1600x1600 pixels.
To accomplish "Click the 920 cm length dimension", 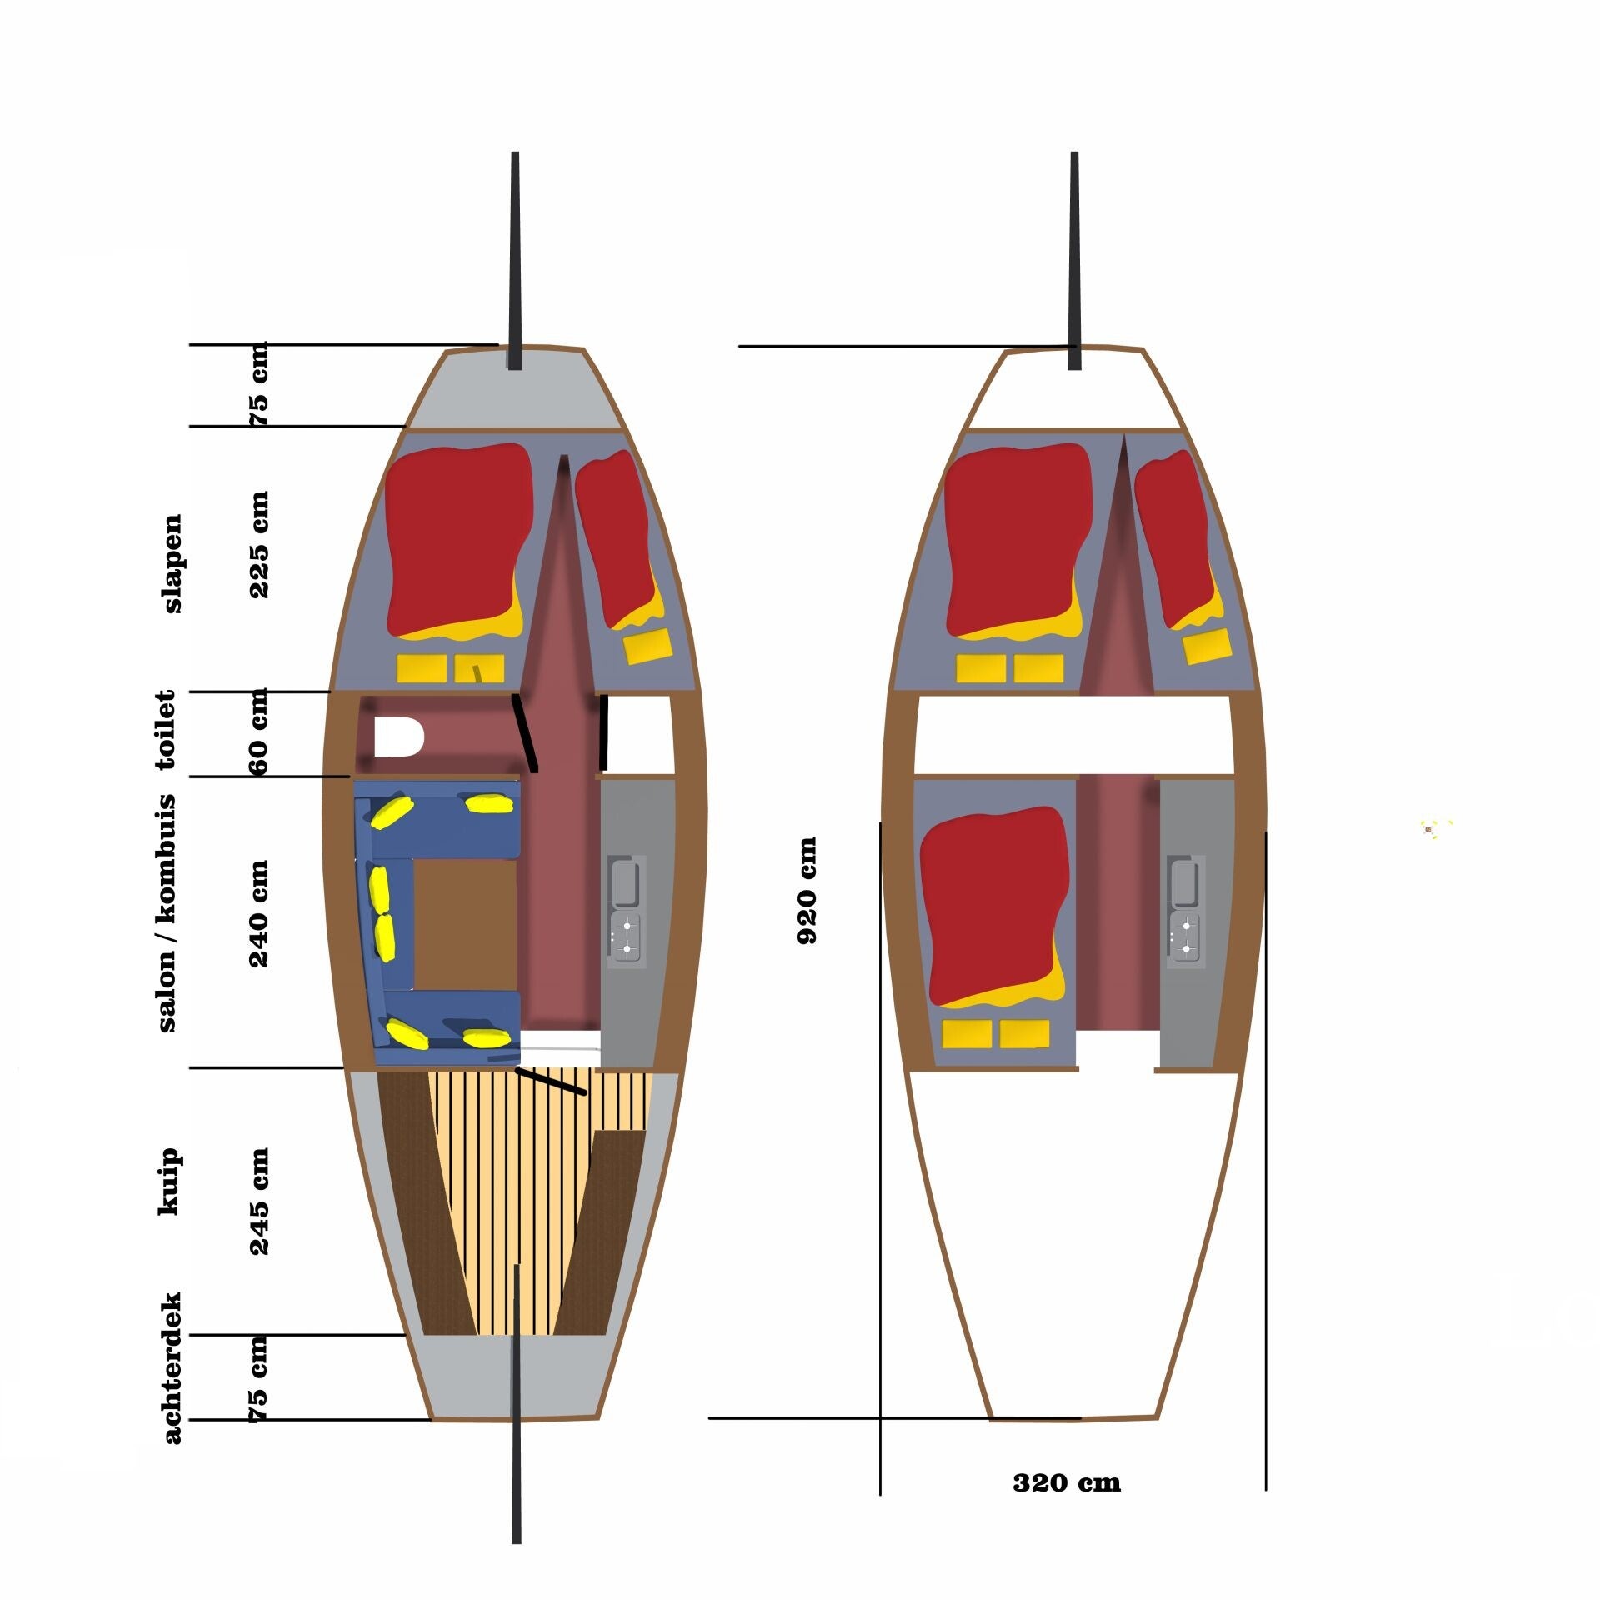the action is (x=807, y=890).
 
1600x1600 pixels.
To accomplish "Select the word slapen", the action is (x=172, y=563).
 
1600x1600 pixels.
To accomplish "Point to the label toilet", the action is (x=166, y=729).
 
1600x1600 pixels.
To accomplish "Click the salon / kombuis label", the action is (x=167, y=913).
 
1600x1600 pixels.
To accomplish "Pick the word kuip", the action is (x=168, y=1182).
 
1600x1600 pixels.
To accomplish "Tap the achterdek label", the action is (x=172, y=1367).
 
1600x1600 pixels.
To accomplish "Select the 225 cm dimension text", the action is (x=259, y=544).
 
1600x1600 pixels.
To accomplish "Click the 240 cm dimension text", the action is (x=259, y=914).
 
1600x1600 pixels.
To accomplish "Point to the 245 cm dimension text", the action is (x=259, y=1202).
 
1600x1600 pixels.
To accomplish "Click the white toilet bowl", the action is (x=398, y=737).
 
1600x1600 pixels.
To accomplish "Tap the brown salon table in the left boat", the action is (x=465, y=924).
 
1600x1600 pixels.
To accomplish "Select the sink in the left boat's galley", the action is (x=625, y=882).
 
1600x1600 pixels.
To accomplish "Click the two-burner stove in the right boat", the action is (x=1185, y=937).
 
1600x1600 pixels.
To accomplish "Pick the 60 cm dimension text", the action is (x=259, y=732).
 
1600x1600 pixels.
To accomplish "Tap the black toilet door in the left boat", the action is (x=525, y=732).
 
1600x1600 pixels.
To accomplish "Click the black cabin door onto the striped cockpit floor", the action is (x=551, y=1080).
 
